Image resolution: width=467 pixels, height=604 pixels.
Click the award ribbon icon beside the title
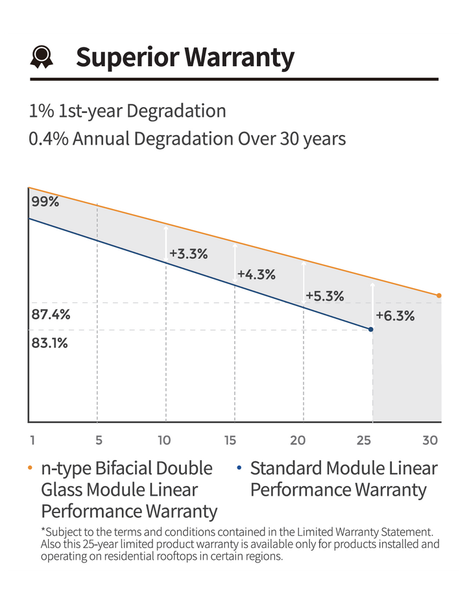[x=42, y=57]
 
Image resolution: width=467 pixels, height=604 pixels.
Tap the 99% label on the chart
[x=45, y=202]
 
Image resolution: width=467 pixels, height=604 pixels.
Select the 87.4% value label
[x=51, y=314]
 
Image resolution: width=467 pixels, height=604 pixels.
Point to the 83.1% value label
[x=50, y=343]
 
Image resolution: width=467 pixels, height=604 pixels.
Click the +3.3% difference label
[x=189, y=254]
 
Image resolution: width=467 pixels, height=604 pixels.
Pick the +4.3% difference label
[x=256, y=274]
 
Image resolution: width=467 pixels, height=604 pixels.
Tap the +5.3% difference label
[x=325, y=296]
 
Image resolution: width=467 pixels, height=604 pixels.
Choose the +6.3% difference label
[x=396, y=315]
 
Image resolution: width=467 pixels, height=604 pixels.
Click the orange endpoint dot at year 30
[x=439, y=295]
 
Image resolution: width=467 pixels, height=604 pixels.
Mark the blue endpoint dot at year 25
[x=371, y=330]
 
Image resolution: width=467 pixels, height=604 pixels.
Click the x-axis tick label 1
[x=32, y=440]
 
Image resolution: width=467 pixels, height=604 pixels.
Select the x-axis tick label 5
[x=99, y=440]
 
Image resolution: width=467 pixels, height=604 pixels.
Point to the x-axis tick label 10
[x=164, y=440]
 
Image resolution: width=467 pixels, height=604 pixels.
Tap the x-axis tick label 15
[x=230, y=440]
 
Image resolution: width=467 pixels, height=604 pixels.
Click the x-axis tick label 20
[x=298, y=440]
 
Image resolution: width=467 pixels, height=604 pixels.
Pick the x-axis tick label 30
[x=430, y=440]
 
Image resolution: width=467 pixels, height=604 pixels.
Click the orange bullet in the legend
[x=30, y=468]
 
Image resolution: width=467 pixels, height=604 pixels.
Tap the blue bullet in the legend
[x=239, y=468]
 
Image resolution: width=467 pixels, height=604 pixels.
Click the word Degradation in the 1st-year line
[x=176, y=112]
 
